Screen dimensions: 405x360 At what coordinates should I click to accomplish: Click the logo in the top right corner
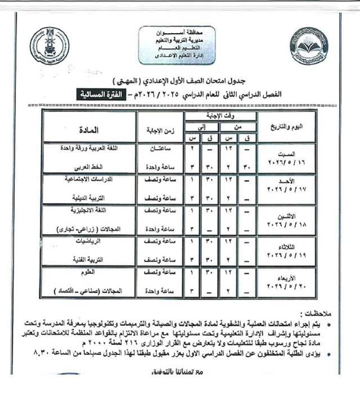coord(309,46)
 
